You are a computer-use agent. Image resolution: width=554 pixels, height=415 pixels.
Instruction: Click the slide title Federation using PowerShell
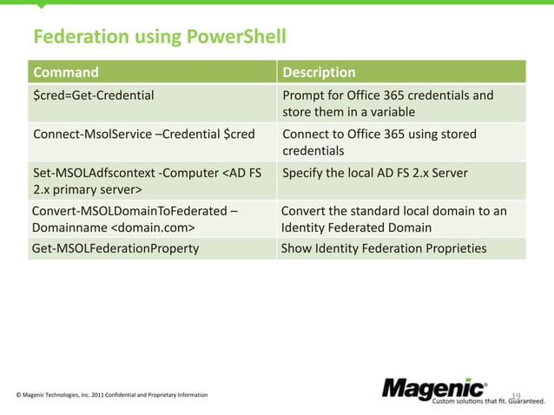point(159,37)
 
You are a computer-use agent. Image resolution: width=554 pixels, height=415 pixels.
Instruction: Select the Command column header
point(66,72)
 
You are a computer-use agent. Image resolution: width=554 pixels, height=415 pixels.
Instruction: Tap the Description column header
point(320,72)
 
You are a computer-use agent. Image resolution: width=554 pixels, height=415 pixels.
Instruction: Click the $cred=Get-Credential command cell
point(94,96)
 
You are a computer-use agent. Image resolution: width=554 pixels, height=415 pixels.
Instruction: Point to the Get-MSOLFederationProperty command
point(115,248)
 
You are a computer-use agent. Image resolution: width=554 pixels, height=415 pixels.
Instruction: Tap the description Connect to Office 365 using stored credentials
point(379,143)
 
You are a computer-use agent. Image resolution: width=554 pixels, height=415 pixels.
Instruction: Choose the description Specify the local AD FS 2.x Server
point(375,174)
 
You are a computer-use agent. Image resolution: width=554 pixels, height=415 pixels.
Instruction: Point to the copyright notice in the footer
point(112,395)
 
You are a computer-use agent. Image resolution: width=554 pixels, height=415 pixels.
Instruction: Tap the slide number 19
point(515,396)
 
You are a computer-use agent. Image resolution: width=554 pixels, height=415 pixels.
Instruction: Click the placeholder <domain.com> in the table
point(152,227)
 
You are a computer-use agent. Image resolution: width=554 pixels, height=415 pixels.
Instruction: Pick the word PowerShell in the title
point(234,37)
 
